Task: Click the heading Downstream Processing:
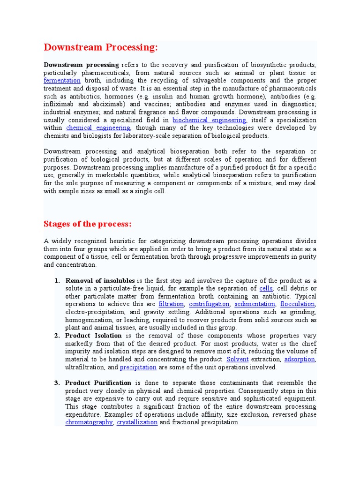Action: click(x=101, y=48)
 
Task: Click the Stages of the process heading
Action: click(x=88, y=224)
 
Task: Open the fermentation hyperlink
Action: click(x=62, y=81)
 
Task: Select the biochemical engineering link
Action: click(x=209, y=120)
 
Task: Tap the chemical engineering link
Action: click(x=98, y=128)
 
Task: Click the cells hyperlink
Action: click(x=266, y=288)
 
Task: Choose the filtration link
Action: click(x=171, y=304)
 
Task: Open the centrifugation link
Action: click(x=209, y=304)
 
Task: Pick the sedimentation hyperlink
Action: click(x=254, y=304)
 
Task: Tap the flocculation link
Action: click(x=297, y=304)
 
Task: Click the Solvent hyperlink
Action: click(x=237, y=360)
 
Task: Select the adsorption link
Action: click(x=300, y=360)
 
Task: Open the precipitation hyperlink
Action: click(x=138, y=367)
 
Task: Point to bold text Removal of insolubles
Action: click(x=100, y=280)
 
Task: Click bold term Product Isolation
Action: click(x=93, y=336)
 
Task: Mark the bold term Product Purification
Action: click(x=98, y=383)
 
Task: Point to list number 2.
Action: click(x=57, y=336)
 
